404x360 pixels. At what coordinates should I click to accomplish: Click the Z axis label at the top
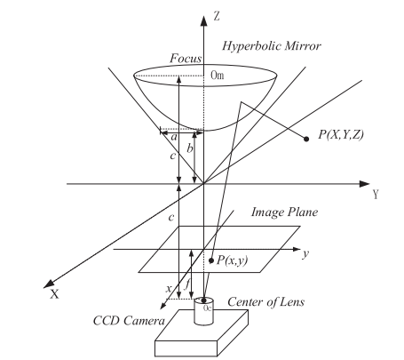coord(217,16)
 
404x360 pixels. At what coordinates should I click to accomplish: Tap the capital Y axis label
coord(376,195)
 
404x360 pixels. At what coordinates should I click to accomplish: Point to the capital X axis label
coord(54,294)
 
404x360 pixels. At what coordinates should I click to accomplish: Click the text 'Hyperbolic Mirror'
coord(272,46)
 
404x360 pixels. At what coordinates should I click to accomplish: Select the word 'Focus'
coord(186,58)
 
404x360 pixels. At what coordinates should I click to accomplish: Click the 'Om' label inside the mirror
coord(218,76)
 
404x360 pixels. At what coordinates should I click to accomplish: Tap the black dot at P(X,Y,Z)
coord(306,139)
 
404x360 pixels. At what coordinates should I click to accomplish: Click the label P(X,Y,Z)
coord(341,134)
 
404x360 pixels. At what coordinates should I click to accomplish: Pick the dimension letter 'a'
coord(174,137)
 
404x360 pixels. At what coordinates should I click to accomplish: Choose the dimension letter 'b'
coord(190,148)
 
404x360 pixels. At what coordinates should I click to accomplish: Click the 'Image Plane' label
coord(284,212)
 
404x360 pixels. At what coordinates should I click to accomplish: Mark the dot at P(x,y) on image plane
coord(211,260)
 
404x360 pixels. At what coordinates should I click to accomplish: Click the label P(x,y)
coord(233,260)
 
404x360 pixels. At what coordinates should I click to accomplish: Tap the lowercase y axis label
coord(305,253)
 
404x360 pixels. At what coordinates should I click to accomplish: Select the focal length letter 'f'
coord(186,285)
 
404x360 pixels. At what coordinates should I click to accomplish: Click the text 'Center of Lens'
coord(265,302)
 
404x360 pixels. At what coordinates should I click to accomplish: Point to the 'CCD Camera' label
coord(129,321)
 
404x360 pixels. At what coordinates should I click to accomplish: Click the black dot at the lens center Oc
coord(203,300)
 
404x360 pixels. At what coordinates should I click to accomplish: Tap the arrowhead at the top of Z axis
coord(203,20)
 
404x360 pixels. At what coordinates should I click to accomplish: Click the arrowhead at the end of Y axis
coord(364,184)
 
